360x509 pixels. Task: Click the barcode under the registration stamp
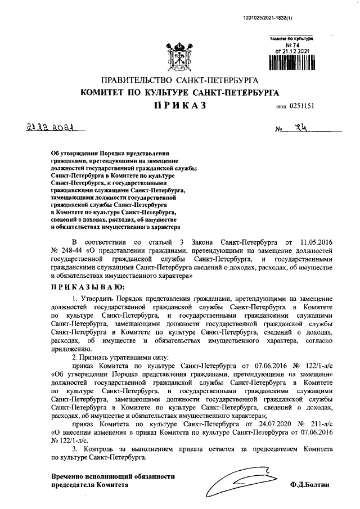pos(290,61)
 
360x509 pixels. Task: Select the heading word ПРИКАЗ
pos(175,105)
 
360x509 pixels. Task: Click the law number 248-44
pos(73,249)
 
